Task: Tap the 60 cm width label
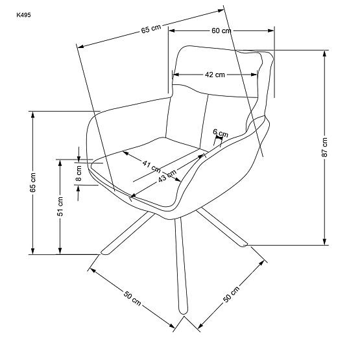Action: point(221,30)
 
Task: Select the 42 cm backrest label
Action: point(215,75)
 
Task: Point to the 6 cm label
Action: point(221,134)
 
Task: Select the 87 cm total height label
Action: point(324,149)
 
